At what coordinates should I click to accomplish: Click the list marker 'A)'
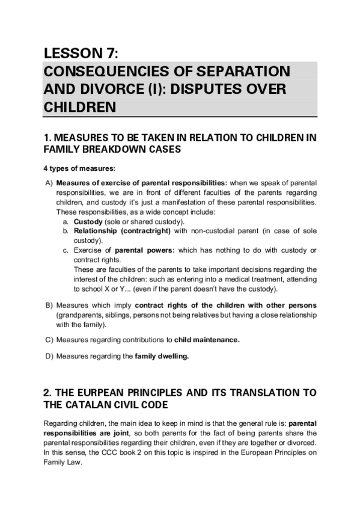(x=49, y=182)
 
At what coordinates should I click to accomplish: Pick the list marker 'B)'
(x=49, y=306)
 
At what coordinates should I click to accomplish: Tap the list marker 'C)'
(x=49, y=340)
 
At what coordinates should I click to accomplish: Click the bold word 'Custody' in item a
(x=86, y=222)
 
